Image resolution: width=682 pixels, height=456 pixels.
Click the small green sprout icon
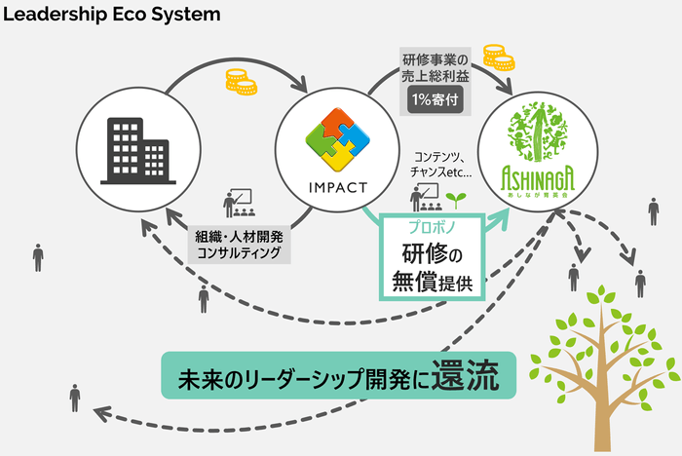(452, 199)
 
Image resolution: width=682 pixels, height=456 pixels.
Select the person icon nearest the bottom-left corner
(75, 398)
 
